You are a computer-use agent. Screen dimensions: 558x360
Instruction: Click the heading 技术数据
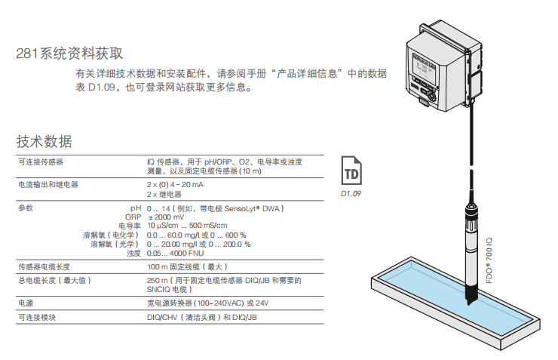click(44, 141)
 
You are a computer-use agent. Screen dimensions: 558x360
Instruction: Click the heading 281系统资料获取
click(69, 54)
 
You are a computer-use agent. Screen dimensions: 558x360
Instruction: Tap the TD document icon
click(351, 171)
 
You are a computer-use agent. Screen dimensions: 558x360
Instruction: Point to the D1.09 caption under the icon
click(351, 194)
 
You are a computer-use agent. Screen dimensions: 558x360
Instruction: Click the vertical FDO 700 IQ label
click(489, 260)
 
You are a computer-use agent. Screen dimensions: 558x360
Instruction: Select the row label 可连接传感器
click(41, 162)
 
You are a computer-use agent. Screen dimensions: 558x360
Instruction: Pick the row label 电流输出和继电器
click(48, 184)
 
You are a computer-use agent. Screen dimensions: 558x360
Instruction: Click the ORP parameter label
click(133, 217)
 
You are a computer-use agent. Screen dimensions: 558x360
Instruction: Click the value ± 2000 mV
click(166, 217)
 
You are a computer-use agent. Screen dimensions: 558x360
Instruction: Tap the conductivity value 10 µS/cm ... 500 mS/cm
click(187, 226)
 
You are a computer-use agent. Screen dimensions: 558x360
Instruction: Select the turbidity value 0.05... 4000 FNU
click(176, 253)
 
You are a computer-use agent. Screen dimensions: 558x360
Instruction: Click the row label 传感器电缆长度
click(44, 266)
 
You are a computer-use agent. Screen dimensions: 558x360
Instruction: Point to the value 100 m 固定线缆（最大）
click(187, 266)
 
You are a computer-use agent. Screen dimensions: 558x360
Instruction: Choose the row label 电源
click(26, 303)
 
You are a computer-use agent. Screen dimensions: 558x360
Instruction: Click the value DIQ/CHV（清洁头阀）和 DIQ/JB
click(202, 317)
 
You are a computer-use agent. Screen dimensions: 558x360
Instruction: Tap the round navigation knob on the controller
click(431, 95)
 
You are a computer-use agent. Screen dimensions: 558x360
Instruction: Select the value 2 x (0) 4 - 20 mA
click(175, 184)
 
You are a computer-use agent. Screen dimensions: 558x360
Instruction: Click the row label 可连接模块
click(37, 317)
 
